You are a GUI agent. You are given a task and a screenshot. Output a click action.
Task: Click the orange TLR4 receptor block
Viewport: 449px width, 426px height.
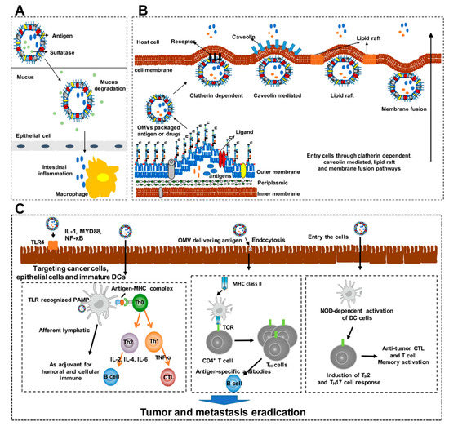pyautogui.click(x=51, y=243)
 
